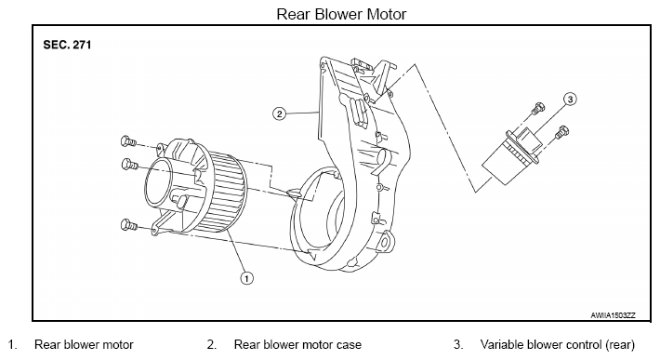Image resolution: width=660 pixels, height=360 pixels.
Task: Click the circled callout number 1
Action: tap(246, 278)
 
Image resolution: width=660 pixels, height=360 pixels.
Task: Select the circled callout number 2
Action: tap(280, 113)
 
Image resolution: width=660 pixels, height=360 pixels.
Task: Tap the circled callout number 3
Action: tap(570, 100)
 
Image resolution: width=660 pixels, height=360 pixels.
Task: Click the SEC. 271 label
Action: tap(67, 45)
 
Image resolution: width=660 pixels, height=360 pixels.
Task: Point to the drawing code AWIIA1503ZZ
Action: tap(613, 315)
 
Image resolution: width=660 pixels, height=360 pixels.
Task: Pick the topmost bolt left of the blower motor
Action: tap(128, 142)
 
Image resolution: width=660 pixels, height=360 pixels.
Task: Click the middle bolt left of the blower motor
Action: tap(129, 165)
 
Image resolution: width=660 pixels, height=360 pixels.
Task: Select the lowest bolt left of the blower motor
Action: tap(129, 225)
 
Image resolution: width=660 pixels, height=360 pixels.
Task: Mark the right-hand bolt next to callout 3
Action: tap(561, 132)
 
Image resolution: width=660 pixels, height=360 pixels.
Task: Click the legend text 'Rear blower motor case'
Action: tap(297, 344)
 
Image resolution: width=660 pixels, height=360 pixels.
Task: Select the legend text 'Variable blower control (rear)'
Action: tap(558, 345)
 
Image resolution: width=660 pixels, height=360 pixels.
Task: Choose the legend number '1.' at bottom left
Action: tap(13, 344)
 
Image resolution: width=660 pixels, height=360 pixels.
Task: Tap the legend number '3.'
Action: tap(458, 344)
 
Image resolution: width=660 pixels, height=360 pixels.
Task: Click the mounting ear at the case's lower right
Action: tap(386, 241)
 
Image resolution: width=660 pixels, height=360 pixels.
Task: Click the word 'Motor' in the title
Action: tap(387, 14)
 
